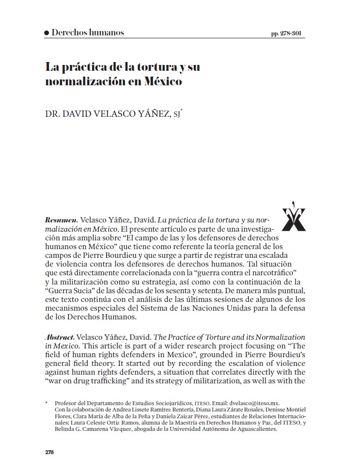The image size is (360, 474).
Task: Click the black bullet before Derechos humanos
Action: click(x=47, y=33)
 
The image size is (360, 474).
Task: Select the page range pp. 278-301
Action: click(x=289, y=34)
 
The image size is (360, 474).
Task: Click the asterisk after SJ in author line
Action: click(x=181, y=111)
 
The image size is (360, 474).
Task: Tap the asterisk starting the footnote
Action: click(x=47, y=403)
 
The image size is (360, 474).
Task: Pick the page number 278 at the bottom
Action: click(x=49, y=452)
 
